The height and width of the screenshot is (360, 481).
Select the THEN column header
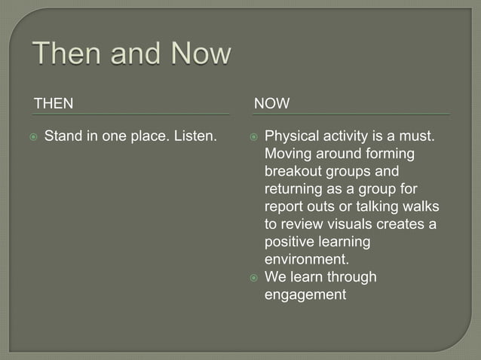click(x=55, y=103)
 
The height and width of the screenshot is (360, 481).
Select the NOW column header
click(x=271, y=103)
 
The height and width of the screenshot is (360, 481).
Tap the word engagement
click(x=305, y=294)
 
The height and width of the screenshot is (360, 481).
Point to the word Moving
click(x=287, y=154)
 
